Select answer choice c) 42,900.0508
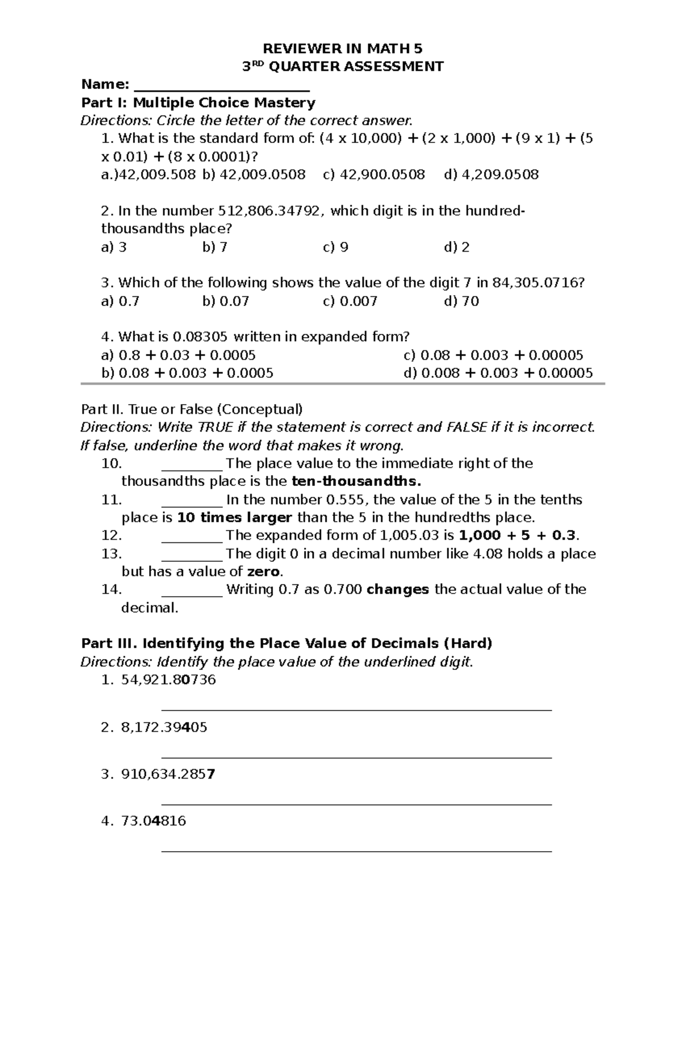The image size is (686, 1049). pos(374,174)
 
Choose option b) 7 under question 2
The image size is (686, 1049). pos(215,247)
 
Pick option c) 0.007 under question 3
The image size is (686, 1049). pos(350,301)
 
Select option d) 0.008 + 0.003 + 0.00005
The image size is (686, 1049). pos(498,373)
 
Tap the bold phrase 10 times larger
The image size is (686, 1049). pos(235,518)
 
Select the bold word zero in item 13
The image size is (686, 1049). pos(263,572)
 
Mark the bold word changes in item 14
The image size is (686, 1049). pos(397,589)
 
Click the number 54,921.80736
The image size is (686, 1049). pos(169,680)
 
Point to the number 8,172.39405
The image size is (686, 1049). pos(164,727)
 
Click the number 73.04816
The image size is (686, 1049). pos(154,821)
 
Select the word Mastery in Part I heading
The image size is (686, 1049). pos(285,103)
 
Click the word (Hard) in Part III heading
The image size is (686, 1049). pos(468,643)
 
